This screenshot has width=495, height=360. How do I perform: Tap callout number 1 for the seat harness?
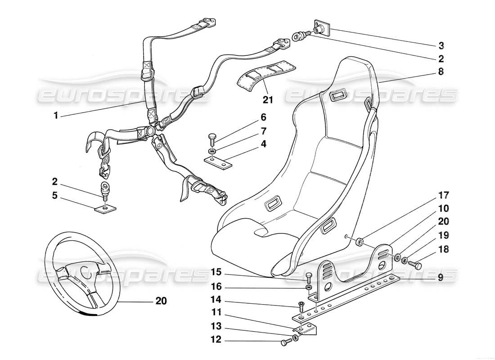point(56,116)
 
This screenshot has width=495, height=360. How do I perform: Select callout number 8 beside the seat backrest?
point(441,71)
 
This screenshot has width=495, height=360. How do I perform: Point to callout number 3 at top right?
point(441,45)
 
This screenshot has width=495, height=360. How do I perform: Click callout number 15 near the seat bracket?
point(216,271)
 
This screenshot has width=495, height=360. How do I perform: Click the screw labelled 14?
point(300,307)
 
